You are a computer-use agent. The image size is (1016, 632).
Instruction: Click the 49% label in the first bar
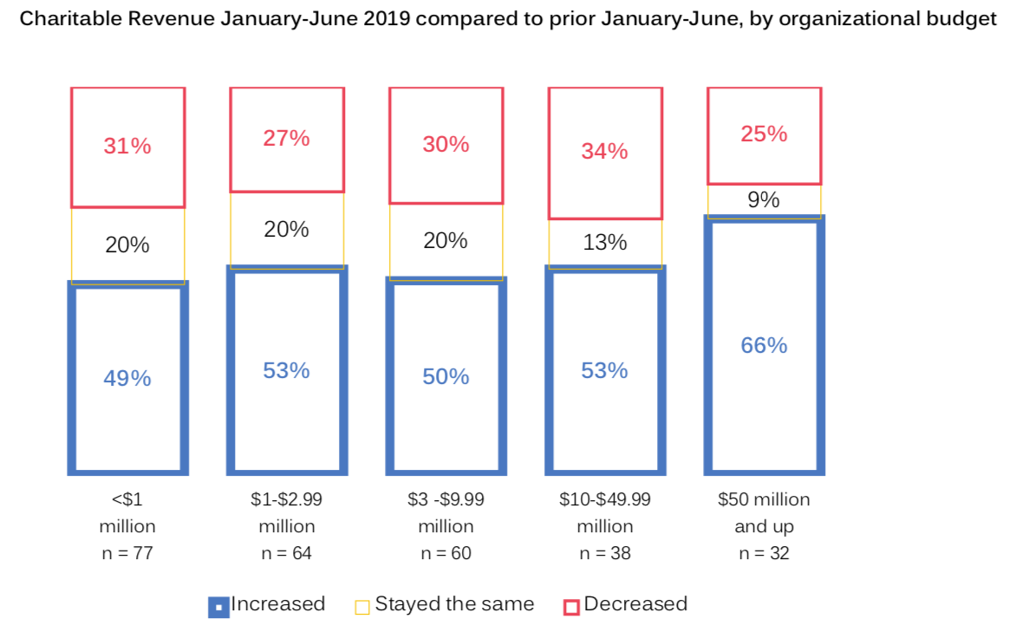pos(127,378)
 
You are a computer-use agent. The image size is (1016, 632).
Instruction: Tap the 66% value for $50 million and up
pos(764,345)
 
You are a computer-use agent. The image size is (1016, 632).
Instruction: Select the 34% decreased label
pos(604,151)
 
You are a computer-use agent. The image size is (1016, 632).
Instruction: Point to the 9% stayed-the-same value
pos(764,200)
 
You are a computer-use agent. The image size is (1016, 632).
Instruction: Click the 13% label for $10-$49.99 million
pos(604,242)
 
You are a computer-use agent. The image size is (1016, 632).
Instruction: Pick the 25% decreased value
pos(764,134)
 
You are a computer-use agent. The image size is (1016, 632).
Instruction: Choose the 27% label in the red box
pos(286,138)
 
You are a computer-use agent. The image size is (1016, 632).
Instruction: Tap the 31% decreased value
pos(127,146)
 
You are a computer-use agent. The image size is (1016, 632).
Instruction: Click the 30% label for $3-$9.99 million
pos(446,144)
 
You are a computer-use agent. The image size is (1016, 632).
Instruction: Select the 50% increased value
pos(446,376)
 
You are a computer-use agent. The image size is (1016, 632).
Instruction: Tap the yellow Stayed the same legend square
pos(362,606)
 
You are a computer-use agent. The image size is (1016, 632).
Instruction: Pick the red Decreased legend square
pos(571,606)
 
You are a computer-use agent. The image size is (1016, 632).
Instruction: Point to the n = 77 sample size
pos(127,553)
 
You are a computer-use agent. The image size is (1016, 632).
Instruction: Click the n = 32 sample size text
pos(764,553)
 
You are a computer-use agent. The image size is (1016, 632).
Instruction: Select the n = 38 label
pos(604,553)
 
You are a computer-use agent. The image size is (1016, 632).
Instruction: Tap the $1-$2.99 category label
pos(286,499)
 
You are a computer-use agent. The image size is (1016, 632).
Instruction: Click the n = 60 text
pos(446,553)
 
